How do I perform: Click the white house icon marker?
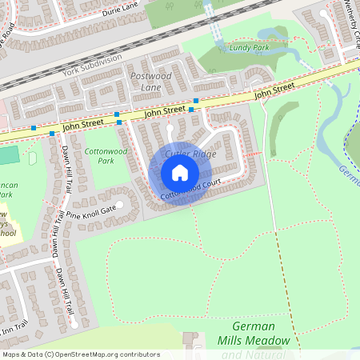click(x=180, y=173)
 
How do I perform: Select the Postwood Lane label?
click(x=150, y=80)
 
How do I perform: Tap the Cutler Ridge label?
click(x=190, y=153)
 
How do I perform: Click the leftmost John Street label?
click(x=82, y=125)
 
